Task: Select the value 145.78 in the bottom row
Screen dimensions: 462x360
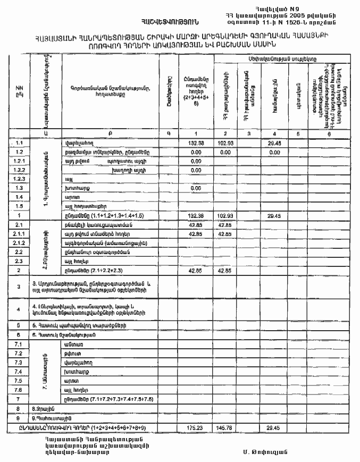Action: [x=227, y=427]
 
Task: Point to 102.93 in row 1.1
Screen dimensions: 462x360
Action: [x=227, y=143]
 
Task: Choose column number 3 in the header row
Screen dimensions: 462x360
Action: [x=248, y=134]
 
